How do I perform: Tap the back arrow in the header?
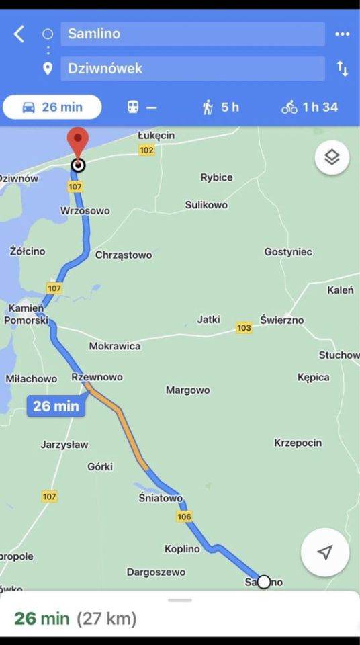19,34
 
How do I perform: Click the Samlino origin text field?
192,34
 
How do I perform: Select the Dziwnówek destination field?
192,68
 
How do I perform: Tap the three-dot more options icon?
343,34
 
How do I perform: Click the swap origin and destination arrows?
343,68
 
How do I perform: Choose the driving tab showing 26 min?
52,107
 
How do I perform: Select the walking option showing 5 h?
221,107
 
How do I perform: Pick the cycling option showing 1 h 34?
310,107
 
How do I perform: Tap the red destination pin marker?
79,142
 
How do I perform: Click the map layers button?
332,158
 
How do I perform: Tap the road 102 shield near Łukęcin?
146,150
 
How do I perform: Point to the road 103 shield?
244,328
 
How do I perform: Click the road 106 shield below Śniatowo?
185,517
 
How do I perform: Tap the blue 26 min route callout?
56,406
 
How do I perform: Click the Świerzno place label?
282,320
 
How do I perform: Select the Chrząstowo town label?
124,255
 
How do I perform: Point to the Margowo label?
188,390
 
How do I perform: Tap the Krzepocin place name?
298,443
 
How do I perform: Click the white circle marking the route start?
264,582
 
